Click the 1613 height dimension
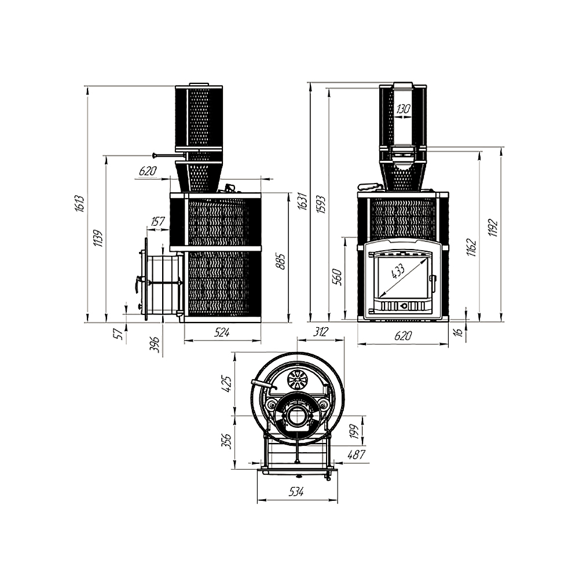pos(80,203)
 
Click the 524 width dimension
pos(222,332)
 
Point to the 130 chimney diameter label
pos(404,108)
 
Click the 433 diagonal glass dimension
pos(398,271)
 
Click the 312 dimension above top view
pos(320,332)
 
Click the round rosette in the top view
pos(298,379)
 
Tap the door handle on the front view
pos(432,283)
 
